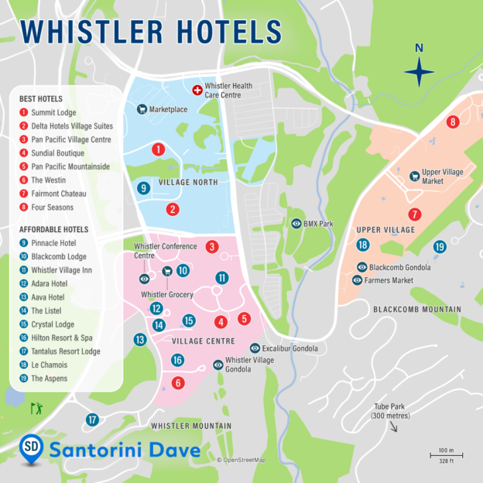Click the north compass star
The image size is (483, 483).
pyautogui.click(x=419, y=73)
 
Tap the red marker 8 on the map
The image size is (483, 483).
pyautogui.click(x=453, y=122)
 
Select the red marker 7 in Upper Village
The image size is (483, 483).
pyautogui.click(x=416, y=214)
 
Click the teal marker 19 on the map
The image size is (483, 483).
pyautogui.click(x=440, y=247)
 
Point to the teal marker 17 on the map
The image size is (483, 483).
pyautogui.click(x=92, y=420)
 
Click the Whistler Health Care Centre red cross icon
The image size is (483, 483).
pyautogui.click(x=197, y=91)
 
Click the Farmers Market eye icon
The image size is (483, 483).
pyautogui.click(x=357, y=280)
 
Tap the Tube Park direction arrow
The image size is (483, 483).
pyautogui.click(x=394, y=426)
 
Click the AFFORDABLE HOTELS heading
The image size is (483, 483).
pyautogui.click(x=54, y=230)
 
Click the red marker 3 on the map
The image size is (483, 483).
pyautogui.click(x=211, y=247)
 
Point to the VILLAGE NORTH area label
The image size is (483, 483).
pyautogui.click(x=188, y=183)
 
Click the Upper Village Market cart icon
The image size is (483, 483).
pyautogui.click(x=414, y=176)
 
